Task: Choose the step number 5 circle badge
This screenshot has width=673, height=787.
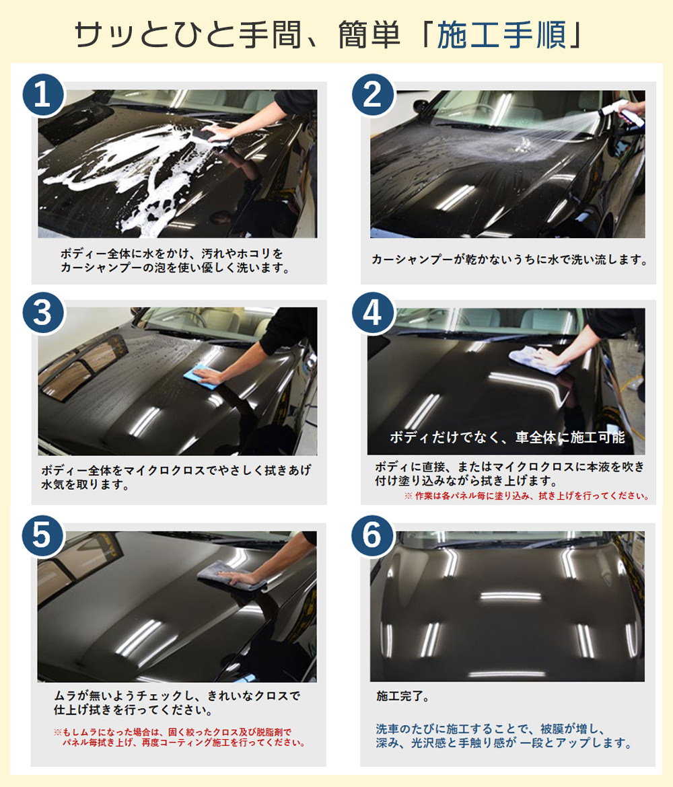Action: (x=42, y=535)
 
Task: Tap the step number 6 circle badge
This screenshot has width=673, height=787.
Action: (x=372, y=535)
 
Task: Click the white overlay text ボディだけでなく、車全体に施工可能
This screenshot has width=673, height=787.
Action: (x=507, y=438)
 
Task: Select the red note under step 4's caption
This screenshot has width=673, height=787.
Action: (x=526, y=496)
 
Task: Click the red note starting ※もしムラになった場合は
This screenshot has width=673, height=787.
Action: (x=179, y=737)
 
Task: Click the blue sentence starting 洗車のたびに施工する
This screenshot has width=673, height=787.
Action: (x=503, y=736)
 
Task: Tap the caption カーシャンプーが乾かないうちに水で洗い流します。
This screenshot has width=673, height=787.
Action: (x=509, y=260)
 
